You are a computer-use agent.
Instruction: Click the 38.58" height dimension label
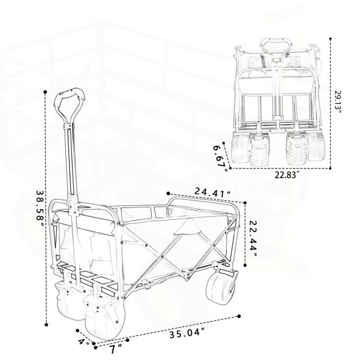40,208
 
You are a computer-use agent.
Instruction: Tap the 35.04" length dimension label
187,333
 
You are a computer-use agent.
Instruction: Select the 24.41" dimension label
212,192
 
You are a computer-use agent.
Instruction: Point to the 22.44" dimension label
253,239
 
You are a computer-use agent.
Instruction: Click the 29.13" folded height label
338,101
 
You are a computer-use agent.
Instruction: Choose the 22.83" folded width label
287,175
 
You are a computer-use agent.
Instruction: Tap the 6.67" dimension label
220,158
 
